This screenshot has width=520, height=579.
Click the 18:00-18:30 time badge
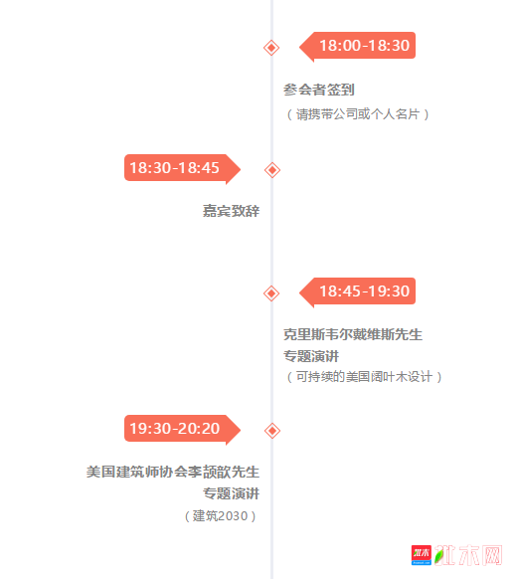(358, 46)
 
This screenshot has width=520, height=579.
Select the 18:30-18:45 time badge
(182, 168)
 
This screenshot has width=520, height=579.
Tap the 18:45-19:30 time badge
(358, 291)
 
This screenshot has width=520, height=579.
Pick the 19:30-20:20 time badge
(182, 429)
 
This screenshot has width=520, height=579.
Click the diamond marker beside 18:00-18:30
(271, 48)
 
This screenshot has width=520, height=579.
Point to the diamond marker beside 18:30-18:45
(272, 170)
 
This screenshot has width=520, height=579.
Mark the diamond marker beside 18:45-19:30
(271, 293)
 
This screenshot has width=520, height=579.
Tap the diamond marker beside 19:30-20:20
(272, 431)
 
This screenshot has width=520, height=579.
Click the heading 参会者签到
(319, 90)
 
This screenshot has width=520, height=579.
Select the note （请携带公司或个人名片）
(357, 114)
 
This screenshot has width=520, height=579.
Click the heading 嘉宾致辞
(231, 211)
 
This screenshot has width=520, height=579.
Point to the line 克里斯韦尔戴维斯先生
(353, 334)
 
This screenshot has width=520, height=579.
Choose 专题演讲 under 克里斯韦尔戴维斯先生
(311, 356)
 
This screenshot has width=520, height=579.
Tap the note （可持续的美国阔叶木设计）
(364, 377)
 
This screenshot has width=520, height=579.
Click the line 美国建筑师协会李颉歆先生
(173, 472)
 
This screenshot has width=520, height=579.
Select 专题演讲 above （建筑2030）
(232, 493)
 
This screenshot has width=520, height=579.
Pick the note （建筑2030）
(221, 516)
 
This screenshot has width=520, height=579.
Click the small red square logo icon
(422, 555)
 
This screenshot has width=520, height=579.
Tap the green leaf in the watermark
(438, 556)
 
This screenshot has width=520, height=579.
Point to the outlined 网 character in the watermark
(491, 555)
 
